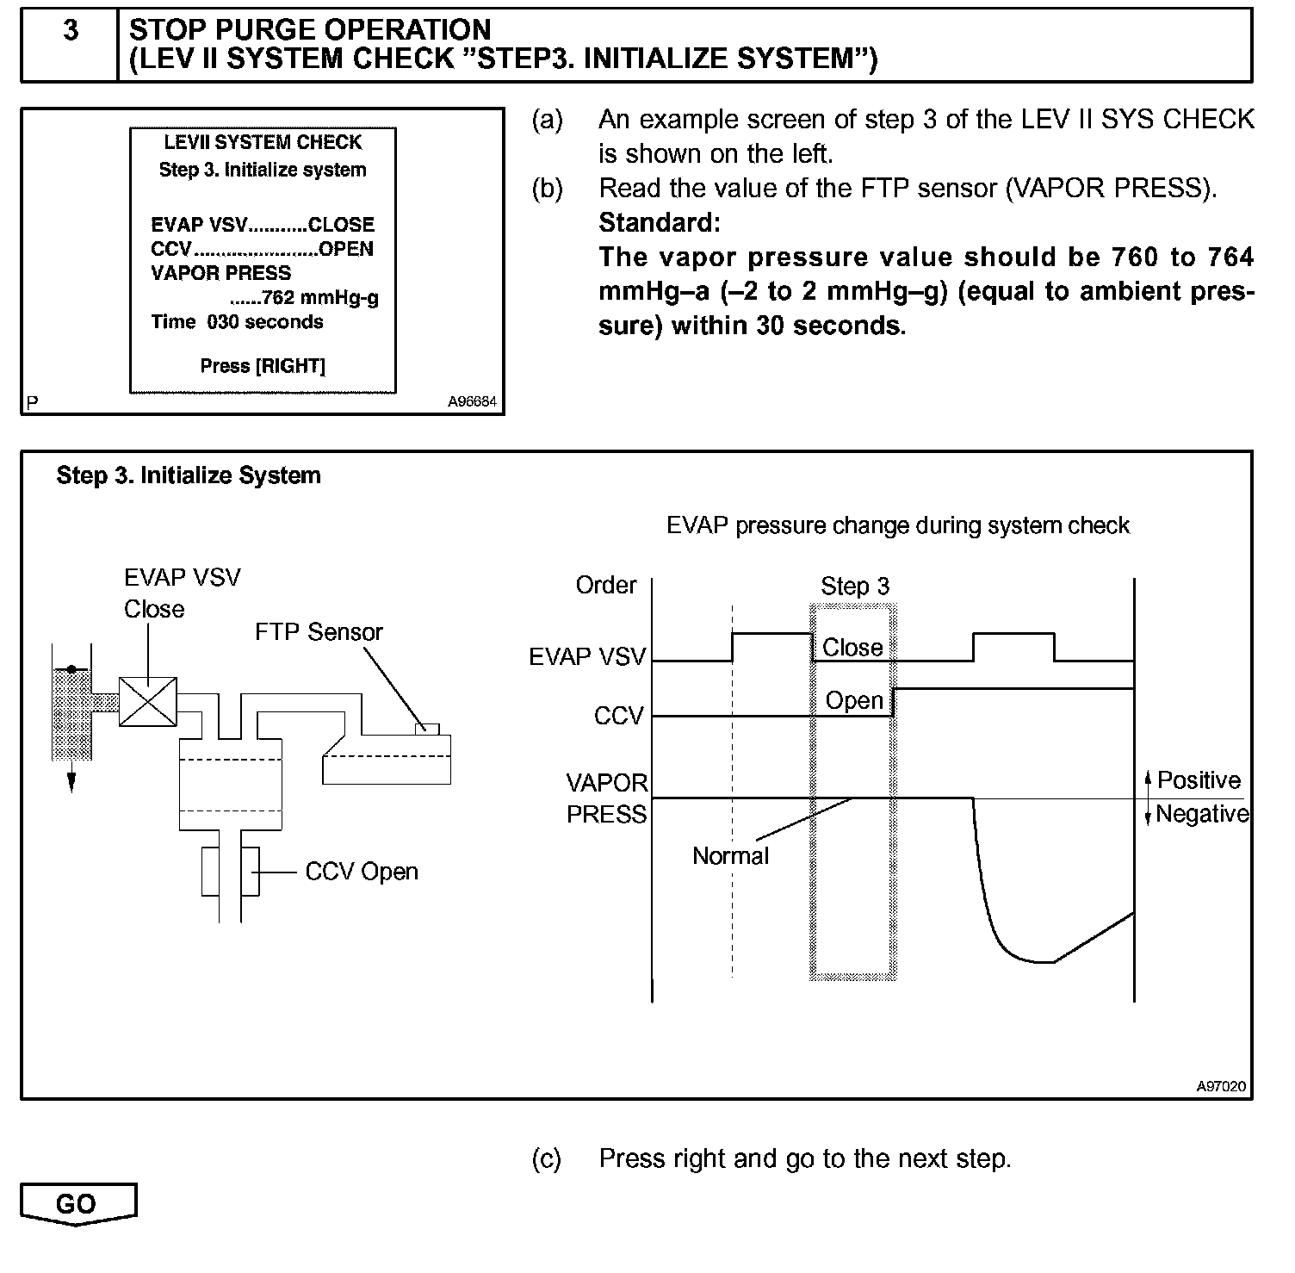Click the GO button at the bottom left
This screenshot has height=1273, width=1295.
(77, 1203)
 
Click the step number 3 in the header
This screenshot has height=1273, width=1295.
(71, 31)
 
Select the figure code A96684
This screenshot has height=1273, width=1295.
(472, 402)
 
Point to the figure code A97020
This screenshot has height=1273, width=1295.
(1220, 1087)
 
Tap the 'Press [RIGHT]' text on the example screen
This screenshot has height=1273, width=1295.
(263, 366)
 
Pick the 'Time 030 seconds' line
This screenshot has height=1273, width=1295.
(237, 322)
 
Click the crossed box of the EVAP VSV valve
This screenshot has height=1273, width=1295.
(147, 701)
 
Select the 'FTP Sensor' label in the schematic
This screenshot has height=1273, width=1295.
(319, 632)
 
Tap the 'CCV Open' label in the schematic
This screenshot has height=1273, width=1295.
(362, 872)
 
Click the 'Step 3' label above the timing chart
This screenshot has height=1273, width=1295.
(854, 587)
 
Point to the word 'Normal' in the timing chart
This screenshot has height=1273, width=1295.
(730, 856)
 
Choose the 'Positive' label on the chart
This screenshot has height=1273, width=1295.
(1199, 780)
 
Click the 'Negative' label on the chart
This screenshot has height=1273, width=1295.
(1202, 814)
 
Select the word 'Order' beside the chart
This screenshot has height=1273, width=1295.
(606, 586)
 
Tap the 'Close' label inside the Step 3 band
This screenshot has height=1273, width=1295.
(852, 648)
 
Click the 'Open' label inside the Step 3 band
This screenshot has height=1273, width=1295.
(854, 701)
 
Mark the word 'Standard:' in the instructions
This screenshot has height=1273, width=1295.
(660, 223)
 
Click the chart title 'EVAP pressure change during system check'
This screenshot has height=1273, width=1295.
(898, 525)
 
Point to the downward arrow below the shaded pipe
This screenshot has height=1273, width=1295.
(71, 779)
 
